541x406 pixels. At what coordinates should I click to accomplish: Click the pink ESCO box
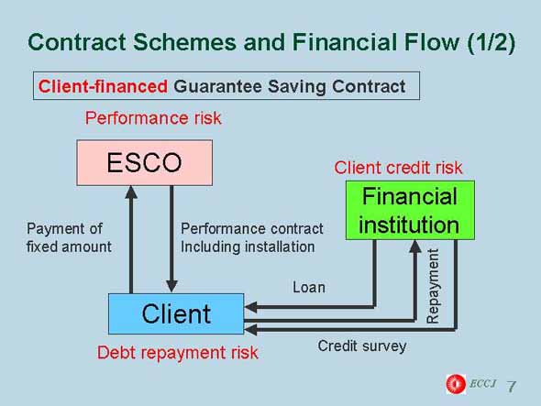[x=144, y=162]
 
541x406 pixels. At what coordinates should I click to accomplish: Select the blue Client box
[x=176, y=313]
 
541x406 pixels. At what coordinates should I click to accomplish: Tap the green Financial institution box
[x=410, y=210]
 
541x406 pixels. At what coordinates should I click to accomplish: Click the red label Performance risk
[x=153, y=118]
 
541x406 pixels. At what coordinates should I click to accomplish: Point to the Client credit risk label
[x=398, y=168]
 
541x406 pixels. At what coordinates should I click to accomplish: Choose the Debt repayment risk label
[x=177, y=353]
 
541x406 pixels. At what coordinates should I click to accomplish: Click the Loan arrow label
[x=309, y=288]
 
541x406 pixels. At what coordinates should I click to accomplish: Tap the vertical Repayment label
[x=433, y=286]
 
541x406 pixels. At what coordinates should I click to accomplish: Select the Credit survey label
[x=362, y=346]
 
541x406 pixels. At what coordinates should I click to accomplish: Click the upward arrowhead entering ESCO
[x=131, y=192]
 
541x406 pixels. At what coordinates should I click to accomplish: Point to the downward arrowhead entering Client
[x=171, y=286]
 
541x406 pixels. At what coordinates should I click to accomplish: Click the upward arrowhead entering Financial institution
[x=415, y=247]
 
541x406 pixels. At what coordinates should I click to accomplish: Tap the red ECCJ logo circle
[x=456, y=384]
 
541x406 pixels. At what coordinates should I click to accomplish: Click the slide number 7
[x=512, y=386]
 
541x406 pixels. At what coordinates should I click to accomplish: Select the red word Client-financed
[x=103, y=86]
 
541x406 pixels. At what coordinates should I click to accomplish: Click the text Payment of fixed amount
[x=69, y=237]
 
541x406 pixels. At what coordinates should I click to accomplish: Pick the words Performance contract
[x=252, y=229]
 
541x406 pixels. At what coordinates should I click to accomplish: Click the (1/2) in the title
[x=491, y=42]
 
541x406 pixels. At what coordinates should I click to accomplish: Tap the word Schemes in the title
[x=184, y=42]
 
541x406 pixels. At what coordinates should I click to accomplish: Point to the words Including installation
[x=248, y=247]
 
